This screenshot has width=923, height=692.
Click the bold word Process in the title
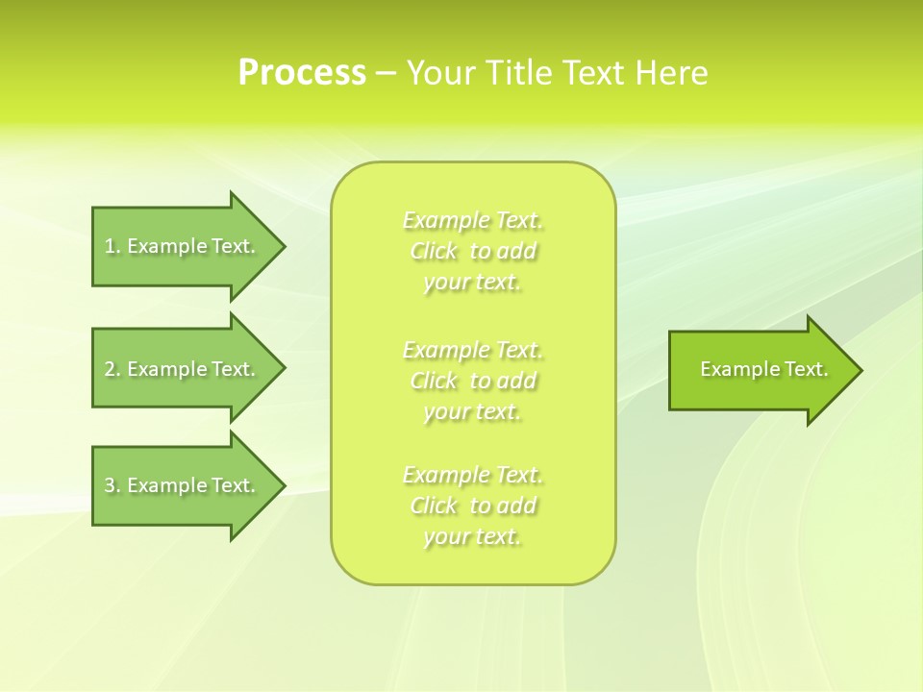coord(302,73)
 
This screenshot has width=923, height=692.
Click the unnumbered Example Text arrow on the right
coord(763,369)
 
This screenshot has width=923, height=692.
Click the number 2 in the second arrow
coord(110,369)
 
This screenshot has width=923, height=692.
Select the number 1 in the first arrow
coord(110,246)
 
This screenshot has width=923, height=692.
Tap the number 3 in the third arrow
coord(110,485)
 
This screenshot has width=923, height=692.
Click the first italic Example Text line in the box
coord(473,221)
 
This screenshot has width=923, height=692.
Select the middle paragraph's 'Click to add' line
coord(473,381)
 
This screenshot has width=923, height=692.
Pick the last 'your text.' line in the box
coord(473,536)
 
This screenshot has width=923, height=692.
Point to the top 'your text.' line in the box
coord(473,283)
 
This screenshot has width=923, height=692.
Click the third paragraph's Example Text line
coord(473,475)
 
